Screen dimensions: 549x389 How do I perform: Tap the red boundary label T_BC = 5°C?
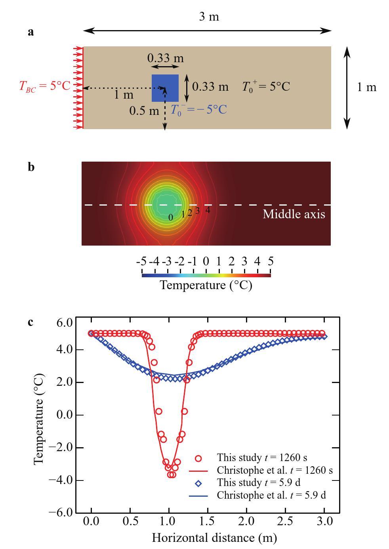pyautogui.click(x=44, y=86)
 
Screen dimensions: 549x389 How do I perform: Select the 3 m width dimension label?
pyautogui.click(x=208, y=17)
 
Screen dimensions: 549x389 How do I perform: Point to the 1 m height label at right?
pyautogui.click(x=366, y=87)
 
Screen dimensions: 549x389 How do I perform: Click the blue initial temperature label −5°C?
pyautogui.click(x=199, y=110)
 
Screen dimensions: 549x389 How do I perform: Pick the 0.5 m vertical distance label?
pyautogui.click(x=144, y=111)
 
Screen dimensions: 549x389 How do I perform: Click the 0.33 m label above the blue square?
pyautogui.click(x=165, y=58)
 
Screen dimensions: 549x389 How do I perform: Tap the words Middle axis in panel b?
pyautogui.click(x=294, y=214)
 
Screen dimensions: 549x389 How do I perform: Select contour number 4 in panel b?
pyautogui.click(x=208, y=210)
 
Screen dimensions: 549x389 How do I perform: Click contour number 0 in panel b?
pyautogui.click(x=171, y=217)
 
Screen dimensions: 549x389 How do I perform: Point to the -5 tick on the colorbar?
pyautogui.click(x=141, y=261)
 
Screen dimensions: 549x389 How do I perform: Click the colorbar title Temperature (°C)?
pyautogui.click(x=206, y=285)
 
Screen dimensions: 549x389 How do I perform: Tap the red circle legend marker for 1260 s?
pyautogui.click(x=198, y=458)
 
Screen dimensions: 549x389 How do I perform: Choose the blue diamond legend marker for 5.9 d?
pyautogui.click(x=198, y=483)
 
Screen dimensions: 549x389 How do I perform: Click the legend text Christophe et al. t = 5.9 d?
pyautogui.click(x=271, y=495)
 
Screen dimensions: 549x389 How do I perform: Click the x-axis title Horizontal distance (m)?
pyautogui.click(x=214, y=538)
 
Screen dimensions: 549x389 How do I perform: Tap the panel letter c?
pyautogui.click(x=31, y=322)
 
